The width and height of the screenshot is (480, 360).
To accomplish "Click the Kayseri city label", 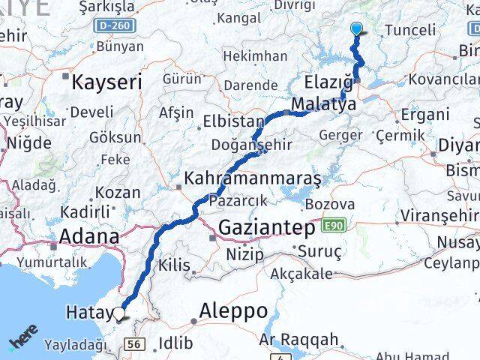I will [106, 82].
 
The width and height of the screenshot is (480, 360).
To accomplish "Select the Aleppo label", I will [233, 310].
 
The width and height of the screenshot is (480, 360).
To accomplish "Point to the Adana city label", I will [89, 237].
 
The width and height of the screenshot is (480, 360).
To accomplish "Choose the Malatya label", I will [324, 104].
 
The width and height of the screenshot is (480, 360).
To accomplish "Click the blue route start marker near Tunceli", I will [355, 29].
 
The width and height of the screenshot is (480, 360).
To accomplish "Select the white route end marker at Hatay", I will [118, 313].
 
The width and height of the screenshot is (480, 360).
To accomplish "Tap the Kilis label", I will [175, 264].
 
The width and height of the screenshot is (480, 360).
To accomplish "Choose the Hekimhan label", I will [255, 55].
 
